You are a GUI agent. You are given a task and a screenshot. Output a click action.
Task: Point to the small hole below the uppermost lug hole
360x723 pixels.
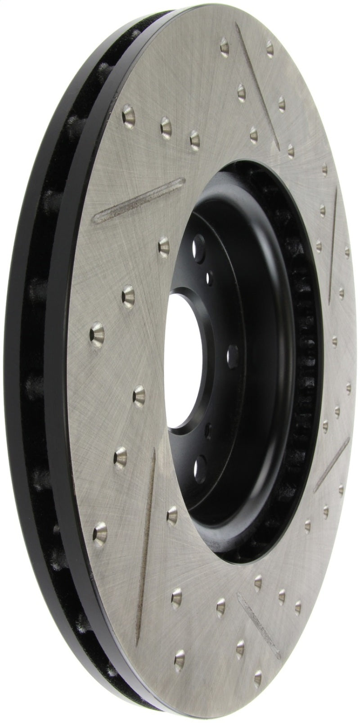(209, 276)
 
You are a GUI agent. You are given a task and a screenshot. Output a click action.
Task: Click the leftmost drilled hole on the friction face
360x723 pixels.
(97, 334)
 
